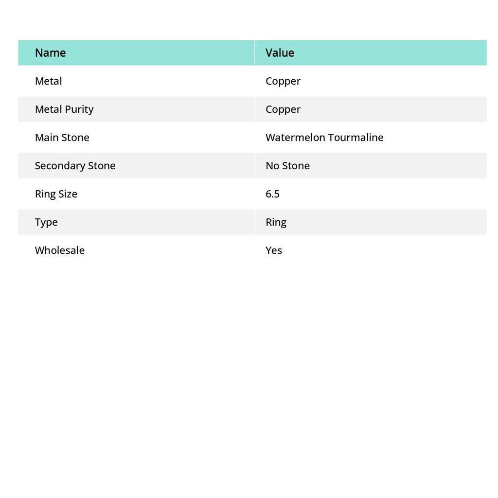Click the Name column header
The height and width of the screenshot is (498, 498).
50,53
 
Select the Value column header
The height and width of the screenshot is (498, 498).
280,53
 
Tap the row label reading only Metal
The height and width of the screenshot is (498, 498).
48,81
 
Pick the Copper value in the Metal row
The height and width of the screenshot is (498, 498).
283,81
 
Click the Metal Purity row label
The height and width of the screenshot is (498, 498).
64,109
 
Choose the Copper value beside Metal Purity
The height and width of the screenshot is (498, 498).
283,109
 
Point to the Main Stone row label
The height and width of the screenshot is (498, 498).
62,137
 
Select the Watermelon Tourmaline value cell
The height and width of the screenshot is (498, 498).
324,137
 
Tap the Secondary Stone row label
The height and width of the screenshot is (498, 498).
75,165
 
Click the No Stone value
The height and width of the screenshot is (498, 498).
287,165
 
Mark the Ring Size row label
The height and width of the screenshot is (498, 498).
56,194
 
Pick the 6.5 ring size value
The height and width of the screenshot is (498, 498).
272,194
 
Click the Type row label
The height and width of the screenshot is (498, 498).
46,222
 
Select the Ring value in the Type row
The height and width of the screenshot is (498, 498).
276,222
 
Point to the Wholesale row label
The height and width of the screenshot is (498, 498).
59,250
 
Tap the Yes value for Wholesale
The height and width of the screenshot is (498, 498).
273,250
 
